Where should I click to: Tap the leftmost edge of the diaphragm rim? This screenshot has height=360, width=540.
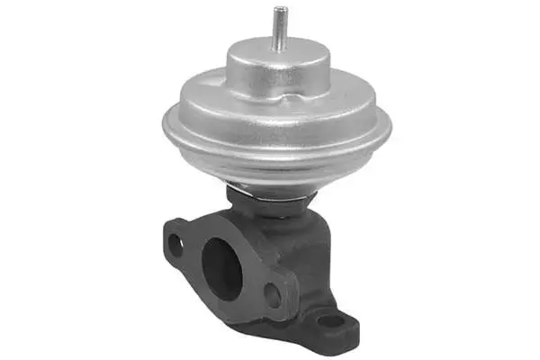pos(163,126)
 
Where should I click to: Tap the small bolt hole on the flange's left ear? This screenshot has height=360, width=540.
pos(177,242)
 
